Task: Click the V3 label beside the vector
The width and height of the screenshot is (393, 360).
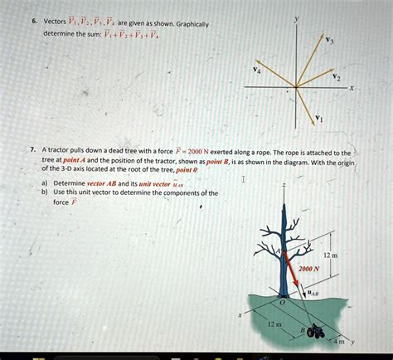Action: [332, 40]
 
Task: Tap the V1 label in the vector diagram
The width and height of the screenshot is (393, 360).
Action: [320, 118]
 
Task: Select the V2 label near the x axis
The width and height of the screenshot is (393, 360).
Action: [335, 77]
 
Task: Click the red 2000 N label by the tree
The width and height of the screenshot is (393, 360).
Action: [310, 269]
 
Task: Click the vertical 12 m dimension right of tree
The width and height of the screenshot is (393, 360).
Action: [331, 255]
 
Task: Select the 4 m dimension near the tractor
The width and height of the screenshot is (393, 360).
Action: [338, 341]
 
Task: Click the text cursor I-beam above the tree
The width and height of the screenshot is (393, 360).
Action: [243, 178]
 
